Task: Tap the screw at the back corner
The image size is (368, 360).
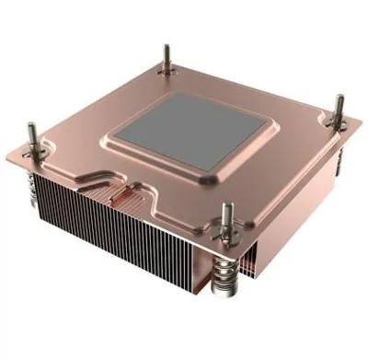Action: tap(166, 57)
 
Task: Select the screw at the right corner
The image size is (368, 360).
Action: tap(338, 112)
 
